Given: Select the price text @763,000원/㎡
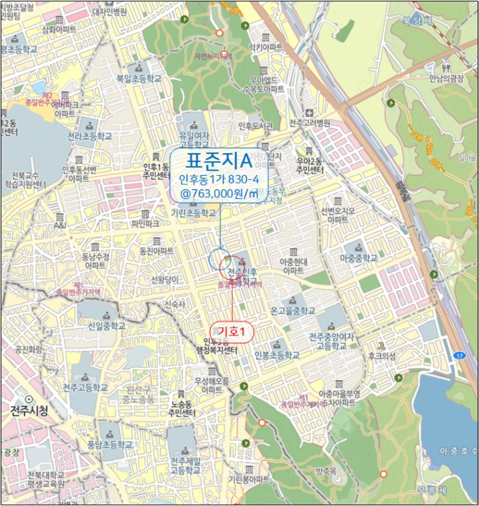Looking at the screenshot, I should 220,193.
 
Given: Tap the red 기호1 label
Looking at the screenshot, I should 233,331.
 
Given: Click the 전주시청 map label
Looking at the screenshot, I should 30,411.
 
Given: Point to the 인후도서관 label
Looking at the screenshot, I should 257,125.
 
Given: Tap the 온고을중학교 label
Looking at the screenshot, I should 293,311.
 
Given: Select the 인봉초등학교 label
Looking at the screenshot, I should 276,355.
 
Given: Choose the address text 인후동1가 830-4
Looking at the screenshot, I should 219,178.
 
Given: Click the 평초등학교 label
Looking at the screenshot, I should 20,51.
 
